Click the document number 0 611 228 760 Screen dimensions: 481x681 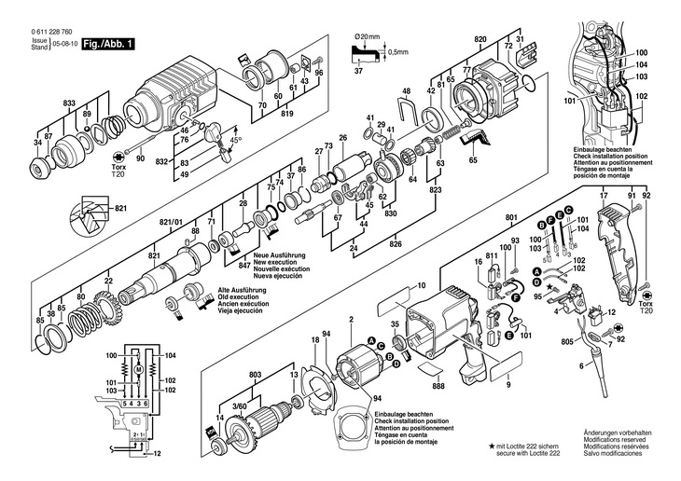[38, 34]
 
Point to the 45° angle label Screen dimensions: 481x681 [235, 139]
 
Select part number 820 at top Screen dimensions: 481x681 [480, 39]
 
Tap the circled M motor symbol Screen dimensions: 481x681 [137, 369]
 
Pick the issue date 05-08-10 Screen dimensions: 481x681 [64, 44]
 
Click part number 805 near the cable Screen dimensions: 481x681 [566, 343]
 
